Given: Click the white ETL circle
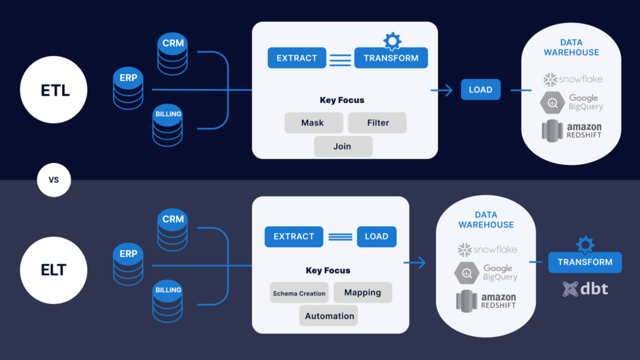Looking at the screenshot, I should (x=54, y=90).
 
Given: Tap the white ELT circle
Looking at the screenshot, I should (x=54, y=269).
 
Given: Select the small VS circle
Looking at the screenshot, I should (x=53, y=179).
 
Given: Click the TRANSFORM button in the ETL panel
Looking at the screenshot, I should (x=391, y=58).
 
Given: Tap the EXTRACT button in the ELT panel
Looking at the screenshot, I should (x=294, y=237).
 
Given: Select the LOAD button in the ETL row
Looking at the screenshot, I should (x=480, y=90).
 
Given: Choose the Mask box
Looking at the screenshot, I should (x=313, y=123).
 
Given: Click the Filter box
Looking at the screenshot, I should (x=377, y=123).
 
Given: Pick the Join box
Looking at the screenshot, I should (x=342, y=146).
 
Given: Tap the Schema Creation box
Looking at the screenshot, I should (x=299, y=293).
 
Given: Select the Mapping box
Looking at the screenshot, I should (x=362, y=292).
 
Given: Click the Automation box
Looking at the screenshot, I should (x=329, y=316).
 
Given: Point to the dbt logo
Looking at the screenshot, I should (x=585, y=288).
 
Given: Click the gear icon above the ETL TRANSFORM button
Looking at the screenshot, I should (x=392, y=41).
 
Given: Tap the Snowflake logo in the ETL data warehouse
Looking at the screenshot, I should (x=573, y=79).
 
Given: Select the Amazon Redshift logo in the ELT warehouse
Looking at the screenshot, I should (x=486, y=300).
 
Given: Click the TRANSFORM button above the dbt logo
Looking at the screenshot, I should (x=585, y=262).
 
